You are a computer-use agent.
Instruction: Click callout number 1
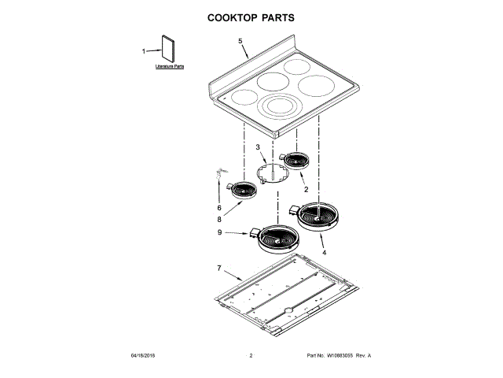click(x=144, y=52)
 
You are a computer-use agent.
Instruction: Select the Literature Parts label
click(x=169, y=68)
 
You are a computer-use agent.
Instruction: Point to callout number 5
click(x=240, y=41)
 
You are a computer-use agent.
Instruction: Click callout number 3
click(x=257, y=147)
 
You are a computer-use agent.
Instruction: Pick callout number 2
click(x=305, y=190)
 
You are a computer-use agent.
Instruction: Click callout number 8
click(x=219, y=220)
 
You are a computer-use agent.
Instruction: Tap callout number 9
click(x=219, y=232)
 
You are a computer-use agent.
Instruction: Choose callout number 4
click(x=323, y=254)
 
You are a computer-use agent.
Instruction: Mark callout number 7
click(x=219, y=269)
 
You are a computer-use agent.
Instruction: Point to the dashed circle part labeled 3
click(x=270, y=172)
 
